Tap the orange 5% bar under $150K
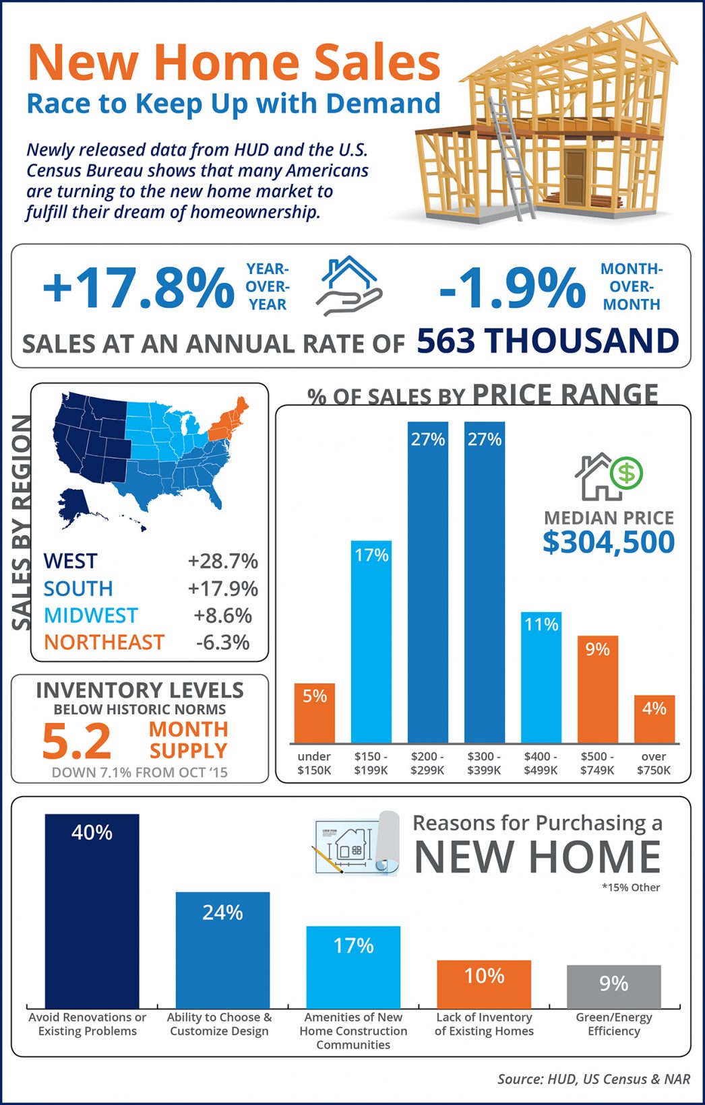click(314, 714)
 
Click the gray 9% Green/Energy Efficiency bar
click(613, 986)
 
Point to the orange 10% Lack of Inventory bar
click(484, 984)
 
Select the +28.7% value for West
click(222, 561)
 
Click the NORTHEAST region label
click(104, 642)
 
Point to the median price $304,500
click(608, 542)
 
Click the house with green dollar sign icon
click(608, 477)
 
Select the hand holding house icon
click(349, 287)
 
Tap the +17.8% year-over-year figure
click(139, 288)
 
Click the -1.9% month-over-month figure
click(512, 288)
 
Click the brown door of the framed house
click(575, 173)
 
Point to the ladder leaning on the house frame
click(512, 158)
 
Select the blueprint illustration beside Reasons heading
click(356, 844)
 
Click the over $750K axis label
click(653, 763)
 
